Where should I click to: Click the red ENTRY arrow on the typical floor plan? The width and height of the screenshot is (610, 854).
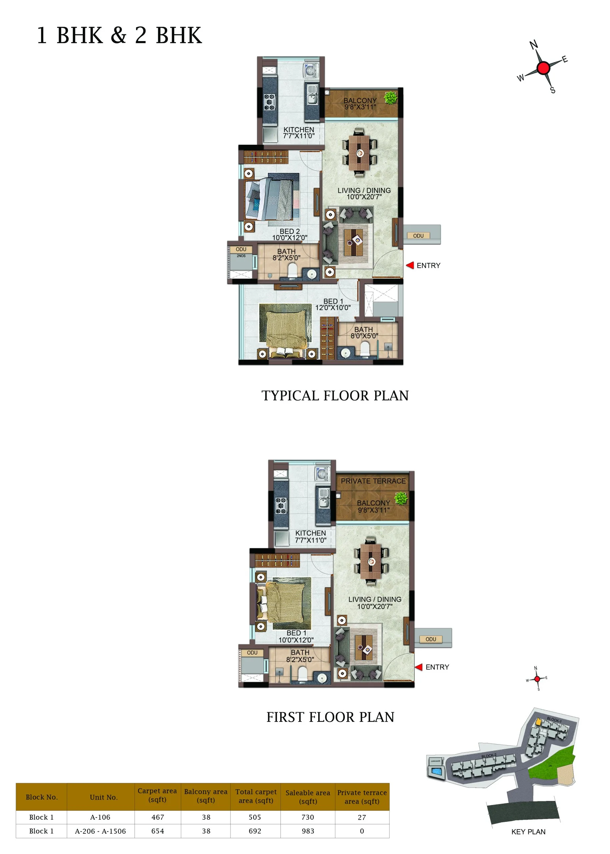pos(410,265)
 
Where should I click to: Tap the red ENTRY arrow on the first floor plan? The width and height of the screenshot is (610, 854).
pos(419,667)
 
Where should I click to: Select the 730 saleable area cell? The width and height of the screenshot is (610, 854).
pos(308,817)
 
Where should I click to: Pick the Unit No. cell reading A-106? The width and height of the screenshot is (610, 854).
pos(100,817)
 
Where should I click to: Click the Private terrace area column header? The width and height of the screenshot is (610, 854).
pos(362,797)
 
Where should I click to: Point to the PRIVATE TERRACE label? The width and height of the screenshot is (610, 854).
pos(373,481)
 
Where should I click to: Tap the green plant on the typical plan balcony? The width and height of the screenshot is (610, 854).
pos(391,98)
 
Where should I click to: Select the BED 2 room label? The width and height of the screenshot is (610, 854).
pos(289,232)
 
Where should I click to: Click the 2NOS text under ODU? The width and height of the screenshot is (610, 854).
pos(241,256)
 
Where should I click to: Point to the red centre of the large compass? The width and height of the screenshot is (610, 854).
pos(543,68)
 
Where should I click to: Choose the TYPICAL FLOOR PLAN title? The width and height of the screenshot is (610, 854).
pos(335,396)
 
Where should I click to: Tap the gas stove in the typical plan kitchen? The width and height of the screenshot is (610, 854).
pos(269,102)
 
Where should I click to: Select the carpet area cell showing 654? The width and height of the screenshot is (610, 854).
pos(157,831)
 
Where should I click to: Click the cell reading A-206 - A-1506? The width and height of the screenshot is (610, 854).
pos(100,831)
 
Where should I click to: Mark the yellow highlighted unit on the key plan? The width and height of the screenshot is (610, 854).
pos(538,722)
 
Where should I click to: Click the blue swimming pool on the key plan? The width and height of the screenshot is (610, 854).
pos(437,771)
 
